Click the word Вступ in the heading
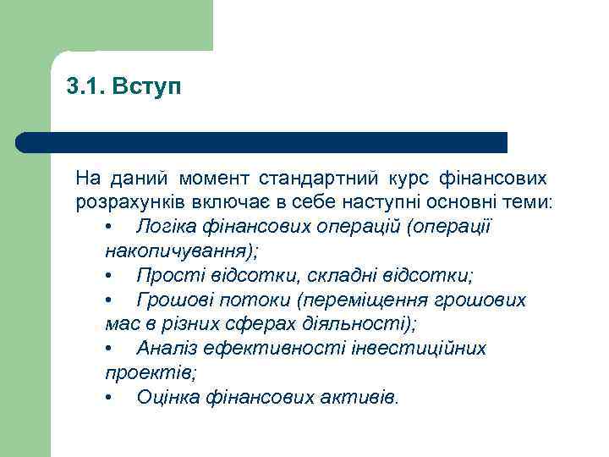147,88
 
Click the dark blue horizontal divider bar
262,142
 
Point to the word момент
213,179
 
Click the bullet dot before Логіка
110,228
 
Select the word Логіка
165,228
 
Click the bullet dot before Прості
110,277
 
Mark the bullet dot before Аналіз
110,350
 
